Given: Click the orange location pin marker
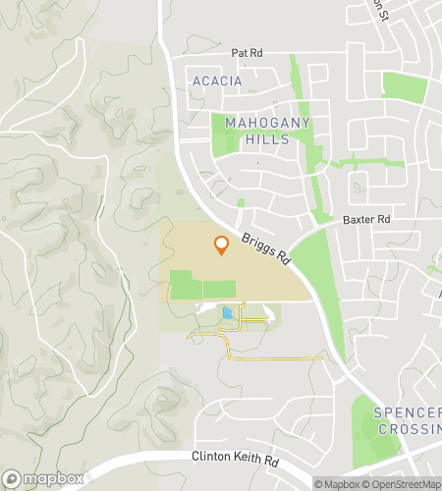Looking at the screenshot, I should pos(221,245).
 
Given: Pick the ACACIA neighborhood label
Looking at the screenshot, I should pos(216,81).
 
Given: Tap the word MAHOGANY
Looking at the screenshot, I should pos(267,123).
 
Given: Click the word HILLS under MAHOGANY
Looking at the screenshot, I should pos(267,139).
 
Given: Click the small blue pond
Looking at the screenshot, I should pos(228,313).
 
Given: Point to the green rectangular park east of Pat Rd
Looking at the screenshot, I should pos(404,86).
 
